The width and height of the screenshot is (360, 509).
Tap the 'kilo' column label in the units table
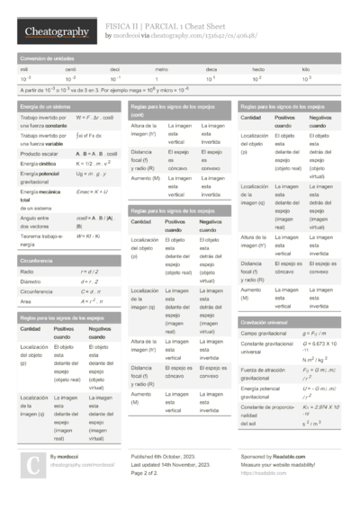tap(306, 69)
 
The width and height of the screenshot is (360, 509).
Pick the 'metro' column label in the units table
tap(161, 69)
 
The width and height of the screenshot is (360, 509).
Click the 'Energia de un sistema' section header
tap(43, 107)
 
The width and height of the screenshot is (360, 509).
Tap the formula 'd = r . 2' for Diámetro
tap(89, 281)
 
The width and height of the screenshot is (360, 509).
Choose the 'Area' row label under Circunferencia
tap(26, 302)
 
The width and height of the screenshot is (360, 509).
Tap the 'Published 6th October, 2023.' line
tap(170, 457)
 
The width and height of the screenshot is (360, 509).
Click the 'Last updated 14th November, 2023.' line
tap(177, 465)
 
